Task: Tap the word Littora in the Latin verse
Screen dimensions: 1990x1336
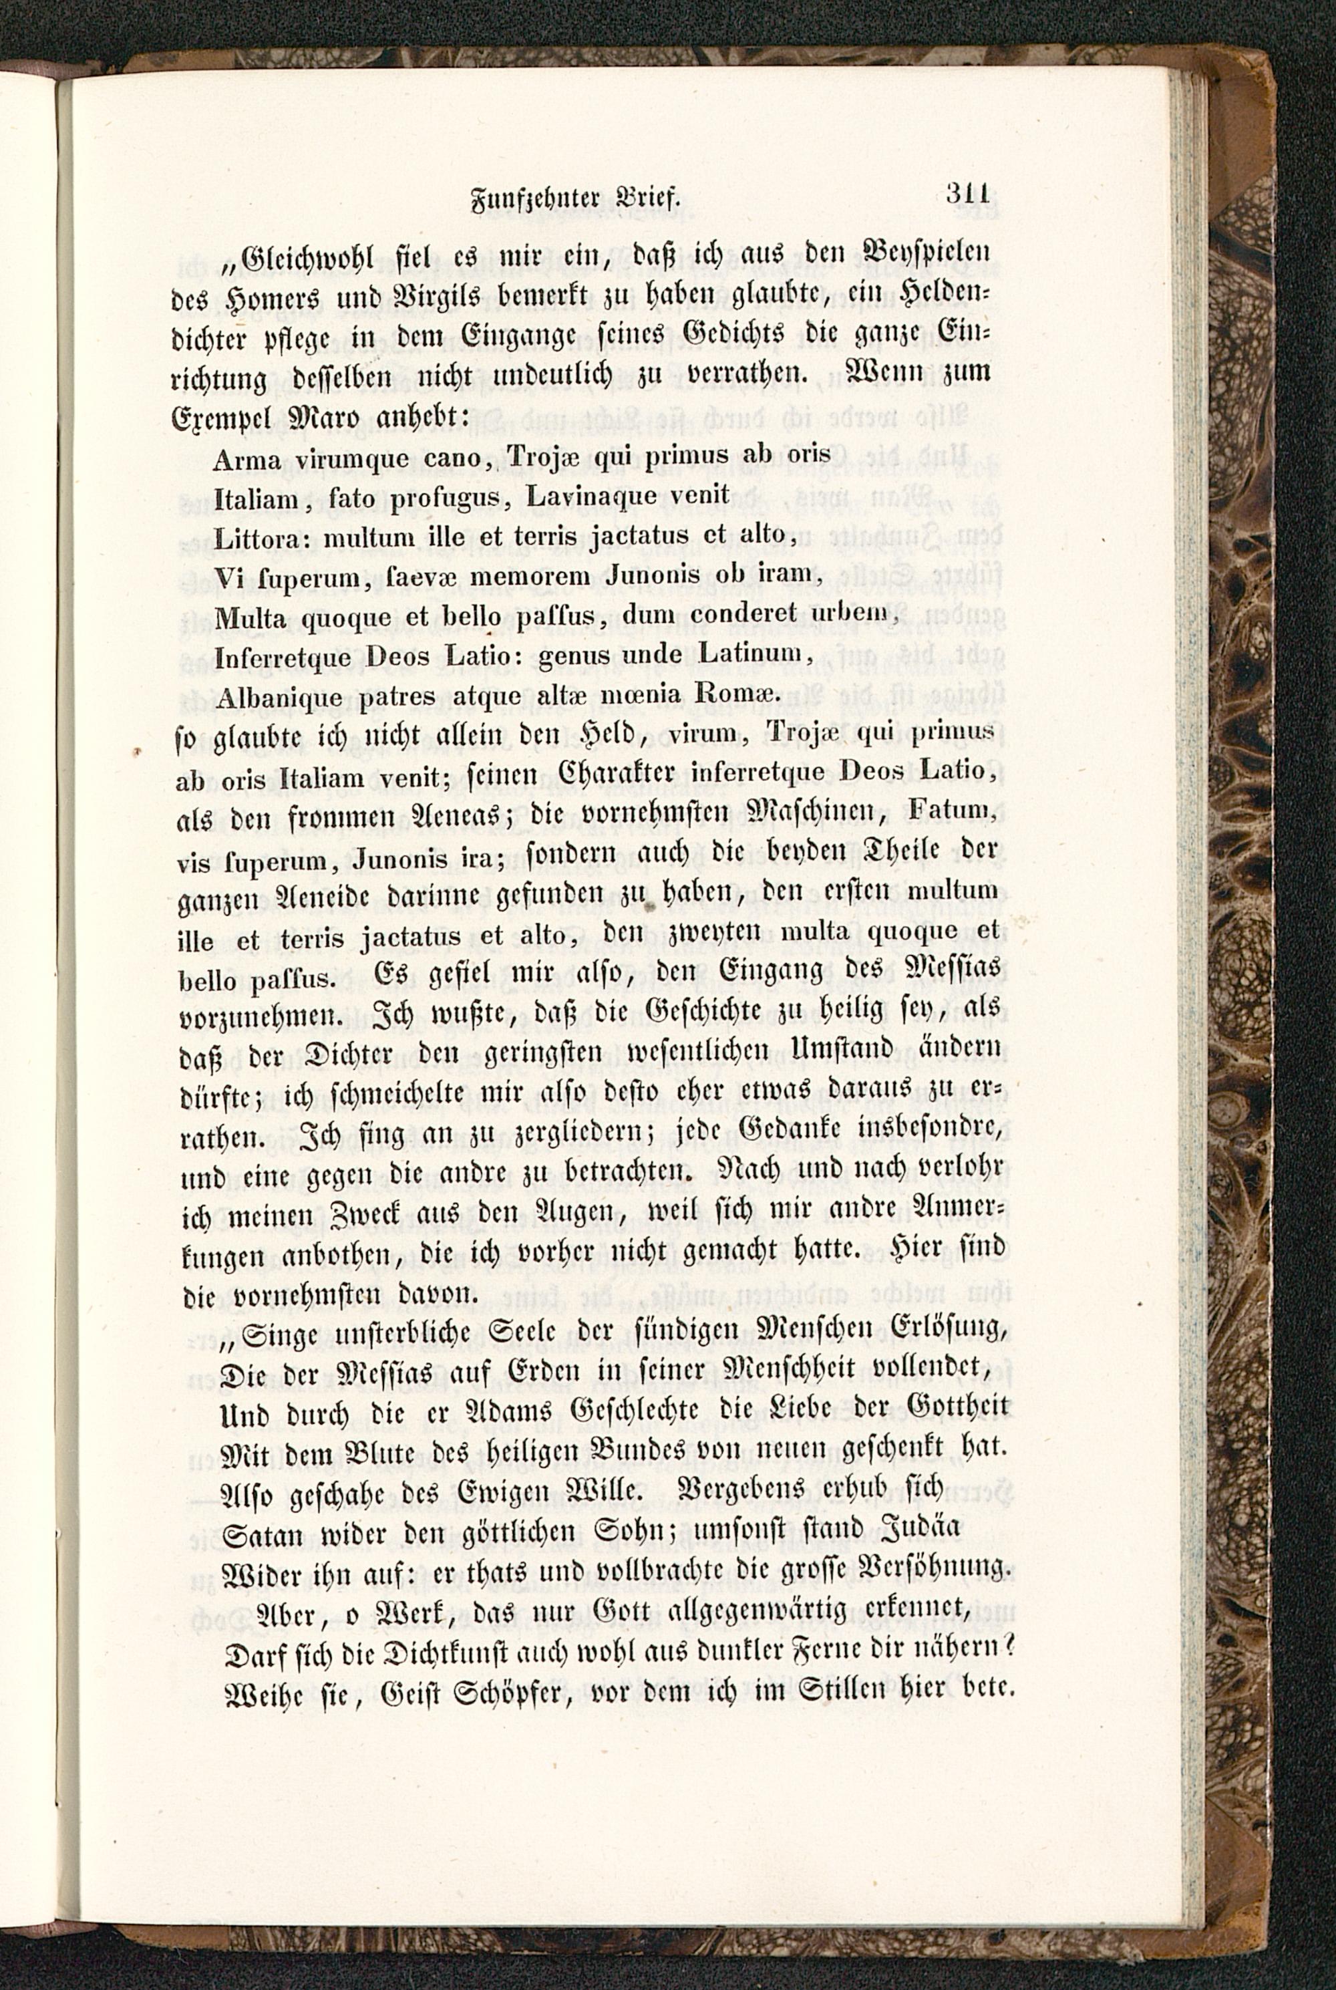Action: (x=264, y=536)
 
